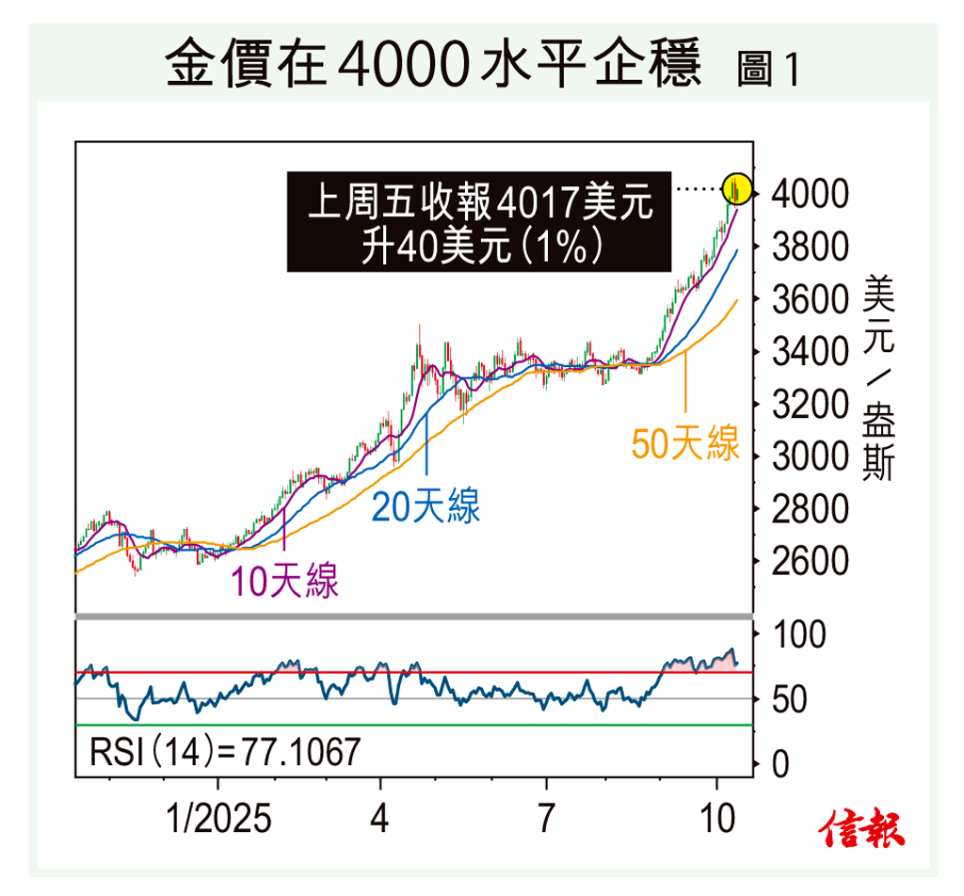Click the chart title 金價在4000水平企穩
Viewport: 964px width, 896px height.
[x=433, y=66]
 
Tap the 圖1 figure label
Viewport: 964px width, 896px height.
[x=767, y=72]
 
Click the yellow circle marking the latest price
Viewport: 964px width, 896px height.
[x=737, y=188]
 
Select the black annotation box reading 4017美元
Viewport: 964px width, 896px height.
[x=479, y=222]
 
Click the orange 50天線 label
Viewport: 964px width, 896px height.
[x=685, y=443]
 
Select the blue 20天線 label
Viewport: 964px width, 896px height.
[x=426, y=505]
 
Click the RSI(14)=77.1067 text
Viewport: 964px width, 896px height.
[x=225, y=753]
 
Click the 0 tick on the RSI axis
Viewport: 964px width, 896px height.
[x=780, y=765]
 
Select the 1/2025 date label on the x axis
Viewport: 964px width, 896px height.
[x=217, y=819]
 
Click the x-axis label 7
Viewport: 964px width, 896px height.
[x=545, y=819]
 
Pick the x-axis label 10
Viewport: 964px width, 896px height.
[x=717, y=819]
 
